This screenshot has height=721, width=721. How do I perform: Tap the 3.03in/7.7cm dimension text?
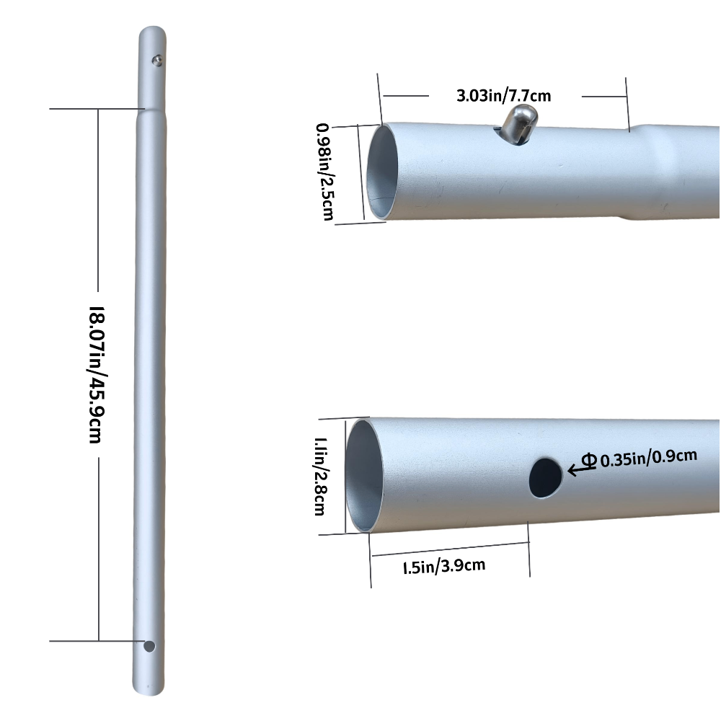tap(504, 94)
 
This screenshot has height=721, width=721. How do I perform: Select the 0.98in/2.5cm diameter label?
tap(325, 172)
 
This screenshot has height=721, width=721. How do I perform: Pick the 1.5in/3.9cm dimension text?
tap(443, 566)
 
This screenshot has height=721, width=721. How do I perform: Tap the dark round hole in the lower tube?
tap(545, 477)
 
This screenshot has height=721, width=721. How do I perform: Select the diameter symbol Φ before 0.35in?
tap(589, 459)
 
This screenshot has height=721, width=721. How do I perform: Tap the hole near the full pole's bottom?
tap(149, 646)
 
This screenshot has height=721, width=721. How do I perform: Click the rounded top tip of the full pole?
tap(151, 32)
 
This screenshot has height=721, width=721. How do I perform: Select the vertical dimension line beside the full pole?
tap(98, 216)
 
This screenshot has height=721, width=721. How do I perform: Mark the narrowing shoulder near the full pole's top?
tap(151, 110)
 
